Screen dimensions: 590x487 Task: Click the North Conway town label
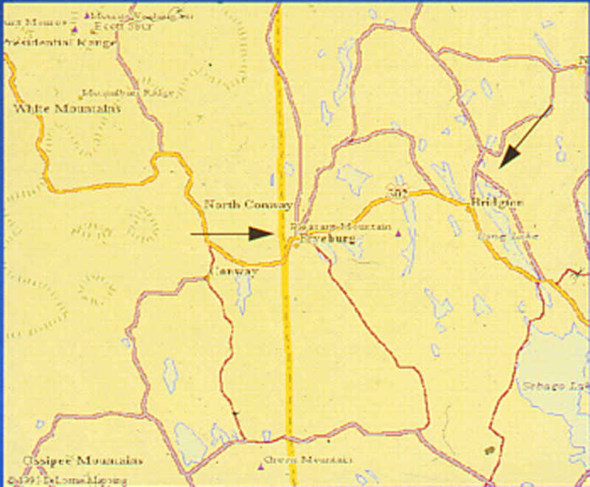click(248, 204)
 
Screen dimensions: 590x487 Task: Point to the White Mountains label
click(67, 108)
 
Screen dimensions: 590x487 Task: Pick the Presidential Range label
click(59, 43)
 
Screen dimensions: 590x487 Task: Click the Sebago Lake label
click(553, 386)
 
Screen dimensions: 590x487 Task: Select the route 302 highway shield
click(398, 192)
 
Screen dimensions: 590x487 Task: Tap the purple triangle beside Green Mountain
click(260, 466)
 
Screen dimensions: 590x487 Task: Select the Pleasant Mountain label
click(340, 226)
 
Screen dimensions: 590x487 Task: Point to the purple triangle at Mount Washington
click(87, 15)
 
